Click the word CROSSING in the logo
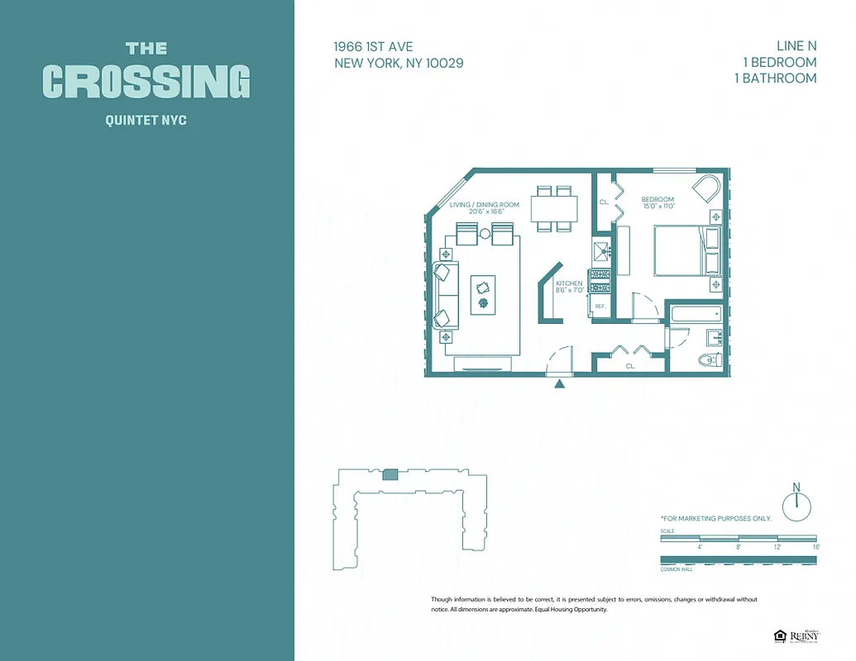click(x=146, y=82)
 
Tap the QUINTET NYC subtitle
click(x=146, y=121)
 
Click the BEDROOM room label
click(x=658, y=199)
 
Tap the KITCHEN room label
click(x=569, y=283)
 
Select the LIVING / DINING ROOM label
click(x=484, y=204)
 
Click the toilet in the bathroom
click(x=709, y=359)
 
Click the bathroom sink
click(x=714, y=337)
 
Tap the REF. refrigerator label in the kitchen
click(x=600, y=307)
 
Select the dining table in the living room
click(x=554, y=209)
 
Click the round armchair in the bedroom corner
click(x=707, y=188)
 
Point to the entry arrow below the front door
click(x=560, y=383)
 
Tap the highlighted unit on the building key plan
click(x=390, y=473)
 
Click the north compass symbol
click(x=796, y=505)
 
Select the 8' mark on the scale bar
click(x=739, y=546)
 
